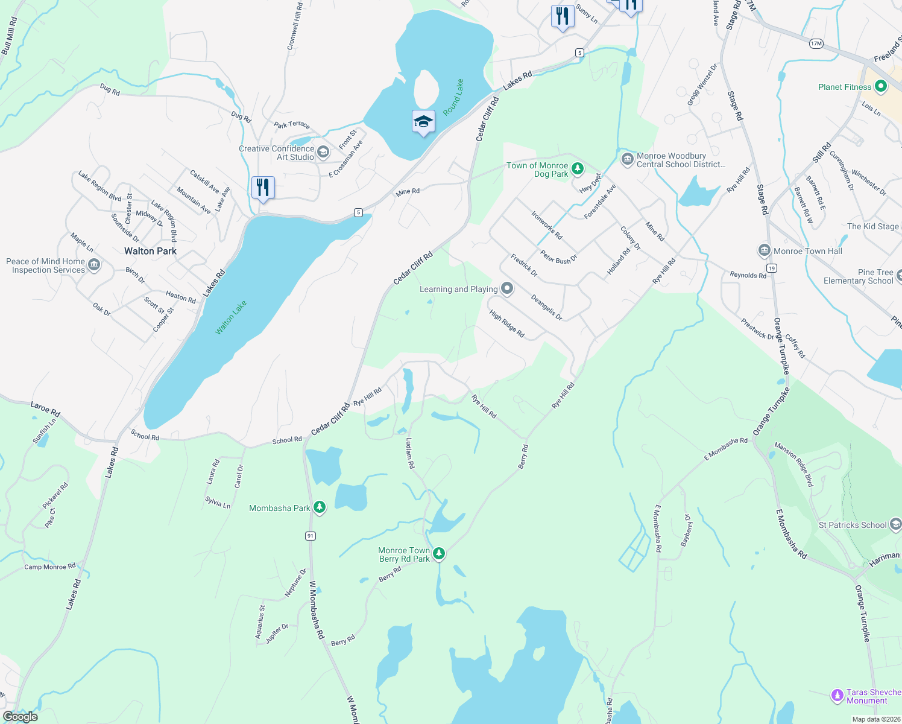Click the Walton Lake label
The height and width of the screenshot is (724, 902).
click(x=231, y=317)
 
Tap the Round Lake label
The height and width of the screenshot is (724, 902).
click(x=453, y=97)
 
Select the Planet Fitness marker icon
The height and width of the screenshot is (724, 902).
click(x=880, y=87)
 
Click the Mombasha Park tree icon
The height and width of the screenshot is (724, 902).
click(x=320, y=507)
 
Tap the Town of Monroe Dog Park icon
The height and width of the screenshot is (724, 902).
click(x=578, y=168)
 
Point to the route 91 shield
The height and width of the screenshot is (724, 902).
click(x=310, y=536)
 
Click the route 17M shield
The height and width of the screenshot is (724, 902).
click(x=816, y=43)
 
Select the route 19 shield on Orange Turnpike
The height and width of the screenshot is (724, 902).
click(x=771, y=268)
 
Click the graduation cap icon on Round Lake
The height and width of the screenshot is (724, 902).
click(x=423, y=122)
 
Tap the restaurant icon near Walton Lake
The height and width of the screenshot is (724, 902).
click(x=263, y=187)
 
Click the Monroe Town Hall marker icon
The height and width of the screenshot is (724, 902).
click(x=764, y=250)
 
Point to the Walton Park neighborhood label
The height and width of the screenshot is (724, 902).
click(x=150, y=251)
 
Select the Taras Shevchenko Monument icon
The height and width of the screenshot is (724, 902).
click(x=837, y=696)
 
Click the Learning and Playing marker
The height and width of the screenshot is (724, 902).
click(x=507, y=289)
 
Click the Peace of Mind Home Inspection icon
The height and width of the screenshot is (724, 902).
click(x=94, y=265)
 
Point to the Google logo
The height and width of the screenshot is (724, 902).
click(x=20, y=717)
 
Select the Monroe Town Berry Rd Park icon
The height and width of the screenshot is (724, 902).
click(x=439, y=553)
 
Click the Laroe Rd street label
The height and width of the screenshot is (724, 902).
click(x=45, y=408)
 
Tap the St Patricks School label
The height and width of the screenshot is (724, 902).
click(x=852, y=525)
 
